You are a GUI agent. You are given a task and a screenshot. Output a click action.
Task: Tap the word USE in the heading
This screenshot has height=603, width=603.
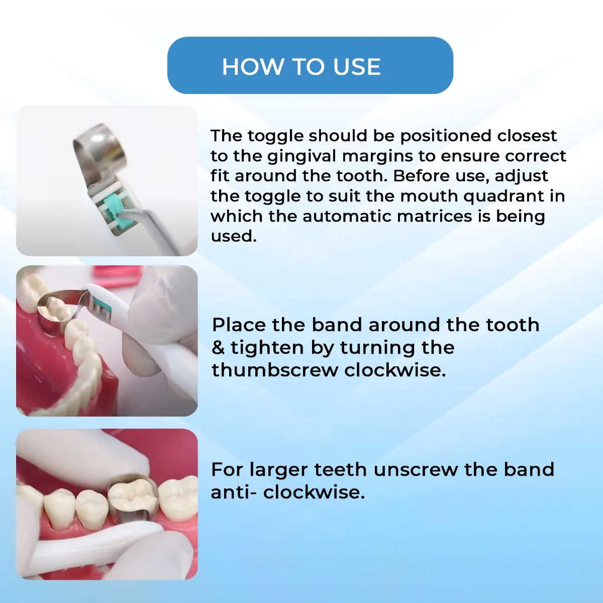coord(357,67)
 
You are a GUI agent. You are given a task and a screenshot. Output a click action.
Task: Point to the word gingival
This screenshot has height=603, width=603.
coord(303,156)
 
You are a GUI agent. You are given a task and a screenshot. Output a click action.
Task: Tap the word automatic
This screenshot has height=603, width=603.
coord(347,216)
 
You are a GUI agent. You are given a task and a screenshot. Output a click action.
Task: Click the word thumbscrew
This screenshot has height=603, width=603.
coord(275,370)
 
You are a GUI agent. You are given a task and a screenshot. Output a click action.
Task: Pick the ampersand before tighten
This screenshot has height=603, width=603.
coord(218,348)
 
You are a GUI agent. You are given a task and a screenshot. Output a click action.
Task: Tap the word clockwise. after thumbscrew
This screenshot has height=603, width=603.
coord(395,370)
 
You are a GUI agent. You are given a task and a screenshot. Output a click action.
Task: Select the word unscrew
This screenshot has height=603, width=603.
coord(416,470)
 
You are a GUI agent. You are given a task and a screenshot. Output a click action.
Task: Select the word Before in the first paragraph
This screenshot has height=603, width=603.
coord(422,176)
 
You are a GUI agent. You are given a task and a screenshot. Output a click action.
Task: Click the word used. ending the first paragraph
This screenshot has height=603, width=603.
coord(234,236)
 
